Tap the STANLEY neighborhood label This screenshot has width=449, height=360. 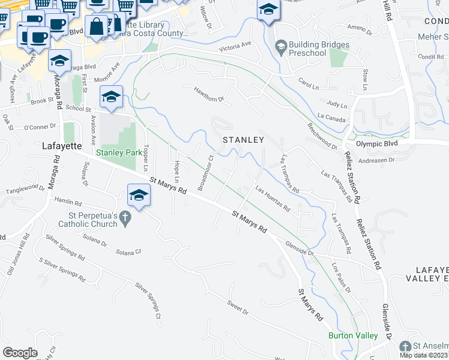[243, 140]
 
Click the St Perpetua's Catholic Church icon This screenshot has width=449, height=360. [125, 220]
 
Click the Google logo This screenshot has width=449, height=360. [20, 353]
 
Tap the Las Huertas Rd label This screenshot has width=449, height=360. [273, 200]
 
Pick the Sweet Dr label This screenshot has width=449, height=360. [238, 308]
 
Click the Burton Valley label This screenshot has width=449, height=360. [353, 336]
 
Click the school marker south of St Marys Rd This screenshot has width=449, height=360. [139, 196]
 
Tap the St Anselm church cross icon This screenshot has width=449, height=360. [406, 347]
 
